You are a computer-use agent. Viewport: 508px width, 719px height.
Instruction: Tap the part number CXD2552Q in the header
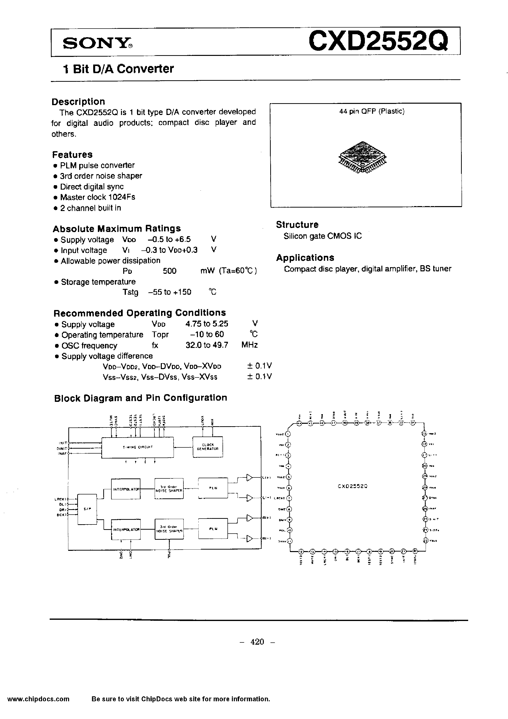[378, 42]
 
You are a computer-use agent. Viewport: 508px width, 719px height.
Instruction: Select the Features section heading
[72, 155]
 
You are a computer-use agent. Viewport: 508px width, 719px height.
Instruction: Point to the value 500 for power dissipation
[170, 271]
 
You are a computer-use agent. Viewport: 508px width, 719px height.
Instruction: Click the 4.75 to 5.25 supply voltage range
[207, 324]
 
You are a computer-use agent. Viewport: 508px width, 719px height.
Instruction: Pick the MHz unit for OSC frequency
[249, 345]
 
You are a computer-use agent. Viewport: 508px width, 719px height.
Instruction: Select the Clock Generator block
[208, 447]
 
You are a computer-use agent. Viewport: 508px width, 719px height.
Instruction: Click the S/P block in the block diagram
[87, 509]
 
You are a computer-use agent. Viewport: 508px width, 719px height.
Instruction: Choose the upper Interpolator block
[126, 489]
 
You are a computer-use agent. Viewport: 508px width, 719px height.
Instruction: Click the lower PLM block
[213, 529]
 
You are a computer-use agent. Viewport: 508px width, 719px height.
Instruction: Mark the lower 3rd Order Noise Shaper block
[169, 529]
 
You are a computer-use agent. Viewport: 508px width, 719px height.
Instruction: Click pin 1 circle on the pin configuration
[288, 434]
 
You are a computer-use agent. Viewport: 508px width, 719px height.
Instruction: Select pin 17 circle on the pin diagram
[359, 552]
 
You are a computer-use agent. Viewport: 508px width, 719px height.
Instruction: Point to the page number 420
[257, 642]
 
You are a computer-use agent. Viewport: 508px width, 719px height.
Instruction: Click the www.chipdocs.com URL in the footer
[38, 699]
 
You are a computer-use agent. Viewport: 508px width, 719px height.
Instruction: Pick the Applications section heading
[305, 258]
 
